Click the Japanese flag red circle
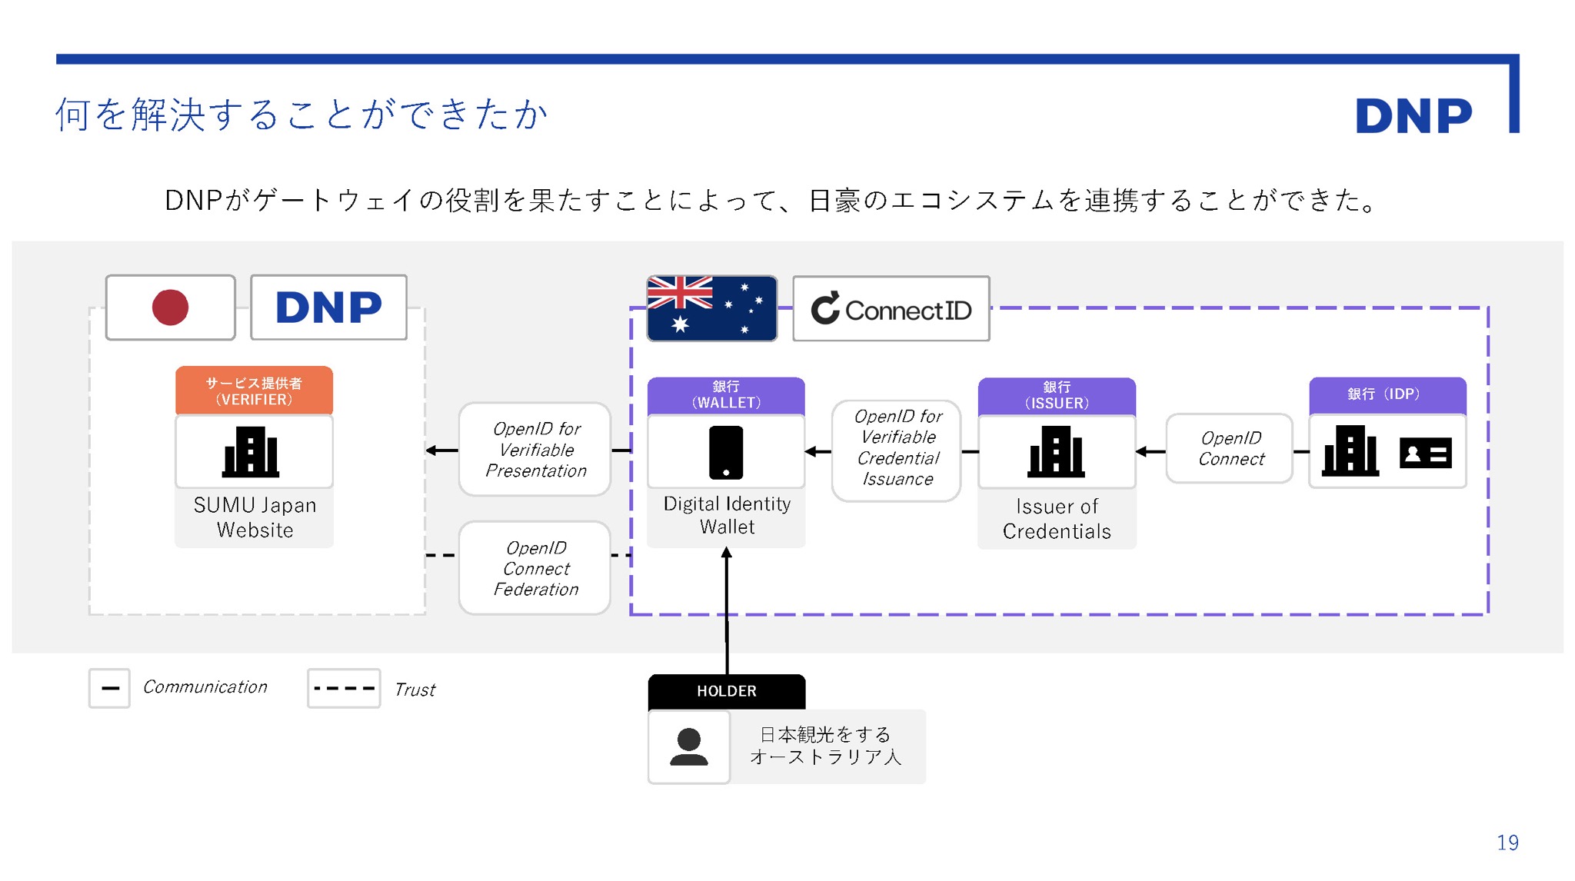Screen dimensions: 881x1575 (170, 308)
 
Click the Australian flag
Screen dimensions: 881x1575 (711, 308)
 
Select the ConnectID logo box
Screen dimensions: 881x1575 (891, 309)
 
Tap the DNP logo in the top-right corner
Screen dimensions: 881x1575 (1413, 116)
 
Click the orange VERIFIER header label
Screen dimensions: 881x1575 (254, 391)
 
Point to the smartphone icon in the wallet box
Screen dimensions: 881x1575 (725, 452)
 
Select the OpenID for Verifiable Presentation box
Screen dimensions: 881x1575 (535, 450)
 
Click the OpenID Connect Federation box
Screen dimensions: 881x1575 (535, 568)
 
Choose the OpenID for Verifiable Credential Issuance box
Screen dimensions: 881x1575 (897, 448)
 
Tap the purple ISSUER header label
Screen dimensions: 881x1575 (1056, 395)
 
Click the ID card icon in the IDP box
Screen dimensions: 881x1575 (1425, 454)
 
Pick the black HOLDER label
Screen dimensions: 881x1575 (726, 691)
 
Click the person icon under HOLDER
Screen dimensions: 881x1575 (688, 746)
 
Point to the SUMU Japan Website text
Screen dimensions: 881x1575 (255, 517)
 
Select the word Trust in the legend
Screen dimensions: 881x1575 (415, 690)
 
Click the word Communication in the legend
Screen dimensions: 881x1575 (205, 687)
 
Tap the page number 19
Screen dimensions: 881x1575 (1507, 843)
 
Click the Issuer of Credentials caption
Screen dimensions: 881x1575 (1056, 519)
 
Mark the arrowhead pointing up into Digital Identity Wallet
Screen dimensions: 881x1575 (726, 553)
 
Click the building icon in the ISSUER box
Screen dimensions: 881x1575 (1055, 451)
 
